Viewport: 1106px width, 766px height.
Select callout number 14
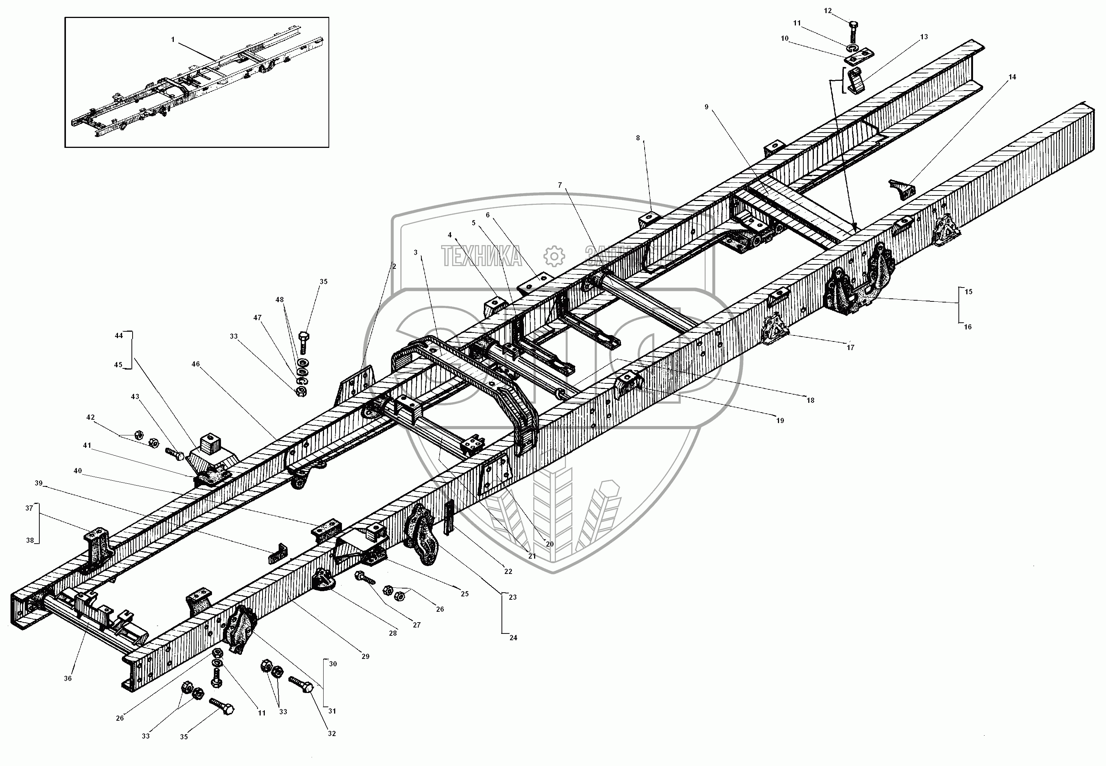pos(1012,77)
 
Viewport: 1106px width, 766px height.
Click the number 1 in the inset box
pos(173,40)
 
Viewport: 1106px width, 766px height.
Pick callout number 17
pos(851,347)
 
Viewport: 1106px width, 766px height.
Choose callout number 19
pos(780,420)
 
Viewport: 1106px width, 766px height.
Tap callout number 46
pos(196,364)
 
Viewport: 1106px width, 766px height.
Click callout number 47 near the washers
pos(258,318)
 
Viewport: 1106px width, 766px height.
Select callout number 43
pos(135,397)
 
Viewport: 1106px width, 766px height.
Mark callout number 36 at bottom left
pos(68,678)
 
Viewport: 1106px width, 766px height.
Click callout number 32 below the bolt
pos(332,733)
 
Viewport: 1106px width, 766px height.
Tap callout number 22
pos(508,572)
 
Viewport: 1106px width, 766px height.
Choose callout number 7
pos(559,185)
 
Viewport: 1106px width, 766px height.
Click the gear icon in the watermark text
pos(554,256)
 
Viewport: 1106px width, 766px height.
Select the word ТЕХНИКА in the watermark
pos(482,256)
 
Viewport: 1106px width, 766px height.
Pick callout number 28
pos(393,633)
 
